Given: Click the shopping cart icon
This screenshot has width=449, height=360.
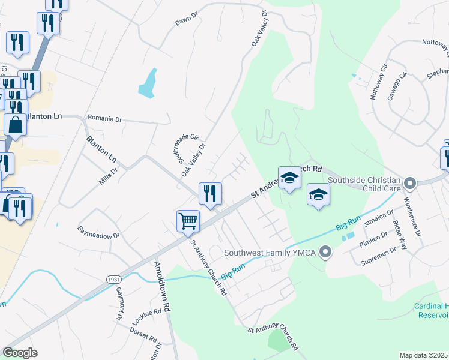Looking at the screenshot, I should [x=188, y=221].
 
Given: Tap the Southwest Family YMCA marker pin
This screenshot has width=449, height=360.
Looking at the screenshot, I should [x=325, y=252].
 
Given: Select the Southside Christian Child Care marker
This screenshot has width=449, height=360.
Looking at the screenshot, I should [x=411, y=183].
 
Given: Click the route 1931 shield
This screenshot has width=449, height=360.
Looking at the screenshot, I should [x=113, y=280].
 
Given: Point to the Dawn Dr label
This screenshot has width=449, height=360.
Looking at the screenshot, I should [x=186, y=22].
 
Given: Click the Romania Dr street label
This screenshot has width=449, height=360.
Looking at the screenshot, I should [x=104, y=118].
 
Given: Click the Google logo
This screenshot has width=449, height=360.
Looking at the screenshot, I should [x=20, y=353].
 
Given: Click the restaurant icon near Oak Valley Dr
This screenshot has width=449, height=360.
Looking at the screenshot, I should [x=210, y=194].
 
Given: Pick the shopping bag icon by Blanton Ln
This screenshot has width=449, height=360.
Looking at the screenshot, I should [x=15, y=125].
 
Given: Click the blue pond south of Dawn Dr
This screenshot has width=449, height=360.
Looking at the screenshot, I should [x=148, y=83].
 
